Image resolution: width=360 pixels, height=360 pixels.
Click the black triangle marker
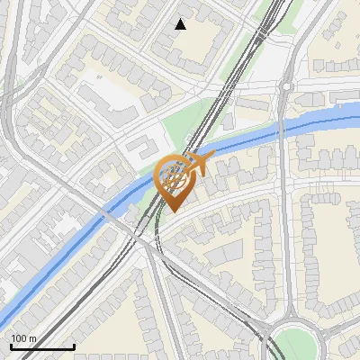(x=181, y=24)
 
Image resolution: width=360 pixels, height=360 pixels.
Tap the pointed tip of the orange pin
(x=171, y=211)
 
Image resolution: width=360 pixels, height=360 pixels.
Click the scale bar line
(x=42, y=347)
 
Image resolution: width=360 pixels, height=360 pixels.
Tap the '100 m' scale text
(x=24, y=339)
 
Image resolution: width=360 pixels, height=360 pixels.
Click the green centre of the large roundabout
(x=298, y=345)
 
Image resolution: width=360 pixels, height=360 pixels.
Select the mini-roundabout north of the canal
(x=285, y=86)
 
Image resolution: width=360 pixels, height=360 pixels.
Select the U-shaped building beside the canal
(x=139, y=148)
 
